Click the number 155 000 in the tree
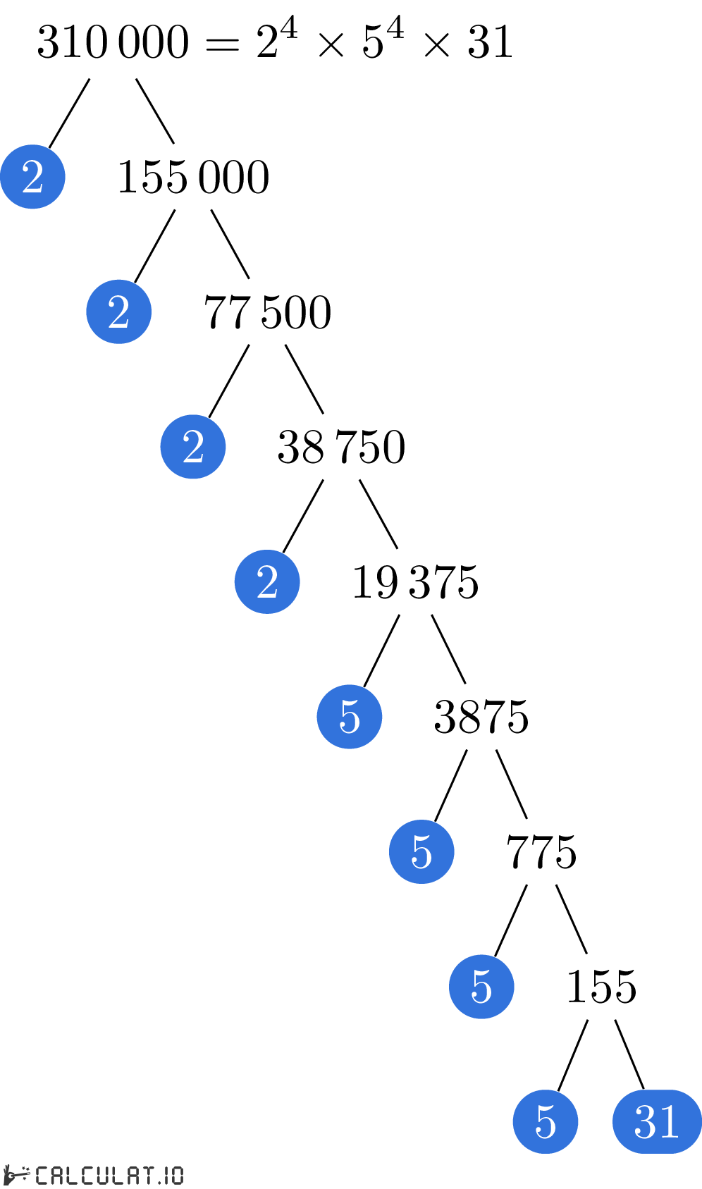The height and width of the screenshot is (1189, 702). pyautogui.click(x=193, y=177)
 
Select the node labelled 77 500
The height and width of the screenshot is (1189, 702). pyautogui.click(x=268, y=312)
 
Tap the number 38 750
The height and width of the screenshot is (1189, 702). pyautogui.click(x=341, y=447)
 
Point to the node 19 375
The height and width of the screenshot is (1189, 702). pyautogui.click(x=416, y=581)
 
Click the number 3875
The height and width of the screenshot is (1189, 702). pyautogui.click(x=481, y=717)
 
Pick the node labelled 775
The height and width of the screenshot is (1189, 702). pyautogui.click(x=541, y=852)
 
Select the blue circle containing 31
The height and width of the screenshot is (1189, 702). pyautogui.click(x=658, y=1121)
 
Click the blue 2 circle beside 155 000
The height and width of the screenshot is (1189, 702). pyautogui.click(x=32, y=177)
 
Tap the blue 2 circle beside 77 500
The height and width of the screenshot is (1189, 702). pyautogui.click(x=119, y=312)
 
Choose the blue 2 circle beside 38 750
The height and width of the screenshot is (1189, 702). pyautogui.click(x=193, y=446)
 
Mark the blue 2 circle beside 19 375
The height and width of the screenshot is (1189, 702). pyautogui.click(x=267, y=581)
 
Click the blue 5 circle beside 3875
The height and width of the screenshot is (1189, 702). pyautogui.click(x=350, y=717)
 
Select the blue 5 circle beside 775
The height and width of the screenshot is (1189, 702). pyautogui.click(x=421, y=851)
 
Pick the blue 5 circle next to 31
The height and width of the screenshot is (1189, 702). pyautogui.click(x=546, y=1121)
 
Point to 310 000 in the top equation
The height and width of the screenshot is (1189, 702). pyautogui.click(x=113, y=42)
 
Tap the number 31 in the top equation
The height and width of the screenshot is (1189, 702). pyautogui.click(x=490, y=42)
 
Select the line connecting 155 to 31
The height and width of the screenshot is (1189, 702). pyautogui.click(x=629, y=1054)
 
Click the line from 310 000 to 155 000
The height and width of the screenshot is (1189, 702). pyautogui.click(x=155, y=111)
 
